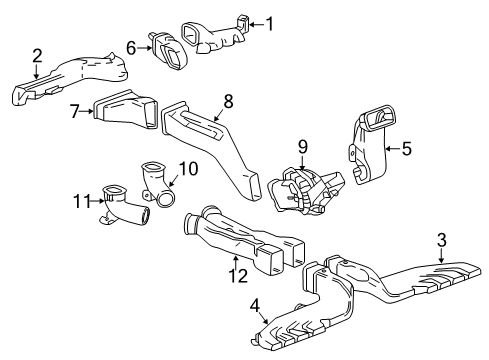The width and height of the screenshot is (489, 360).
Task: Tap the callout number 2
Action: click(x=37, y=56)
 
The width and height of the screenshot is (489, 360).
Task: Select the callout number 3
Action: click(x=441, y=239)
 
